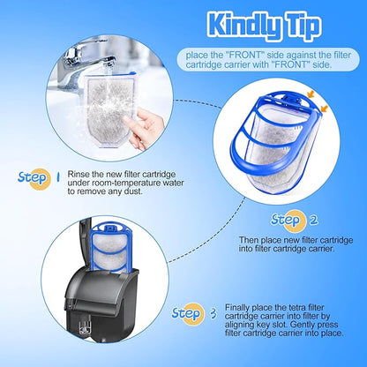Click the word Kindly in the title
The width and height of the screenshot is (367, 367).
click(x=243, y=26)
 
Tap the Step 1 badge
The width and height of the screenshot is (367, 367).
click(x=39, y=178)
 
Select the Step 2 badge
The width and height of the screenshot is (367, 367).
click(x=294, y=221)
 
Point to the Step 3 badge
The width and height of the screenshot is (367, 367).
click(x=194, y=313)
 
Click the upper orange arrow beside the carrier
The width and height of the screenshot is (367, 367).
click(x=311, y=94)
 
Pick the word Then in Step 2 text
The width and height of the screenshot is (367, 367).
click(x=249, y=240)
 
